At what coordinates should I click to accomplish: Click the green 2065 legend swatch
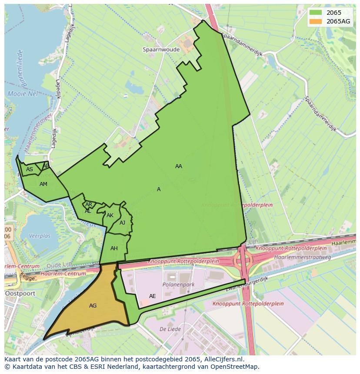(316, 13)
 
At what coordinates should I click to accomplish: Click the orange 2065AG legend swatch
(316, 21)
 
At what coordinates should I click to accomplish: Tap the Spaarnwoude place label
(161, 50)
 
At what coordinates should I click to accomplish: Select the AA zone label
(179, 166)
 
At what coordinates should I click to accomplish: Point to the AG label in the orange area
(93, 306)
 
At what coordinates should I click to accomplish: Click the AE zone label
(152, 296)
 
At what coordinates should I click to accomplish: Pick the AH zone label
(114, 248)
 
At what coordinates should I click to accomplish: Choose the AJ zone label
(122, 223)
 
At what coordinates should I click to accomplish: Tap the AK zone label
(110, 215)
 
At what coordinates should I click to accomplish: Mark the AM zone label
(43, 184)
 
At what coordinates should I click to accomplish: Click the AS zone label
(30, 169)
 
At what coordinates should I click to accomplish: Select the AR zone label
(89, 205)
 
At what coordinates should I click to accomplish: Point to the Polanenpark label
(178, 285)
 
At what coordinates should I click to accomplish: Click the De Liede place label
(167, 329)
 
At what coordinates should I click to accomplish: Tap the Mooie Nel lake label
(23, 93)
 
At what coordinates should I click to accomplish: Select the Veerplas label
(39, 236)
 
